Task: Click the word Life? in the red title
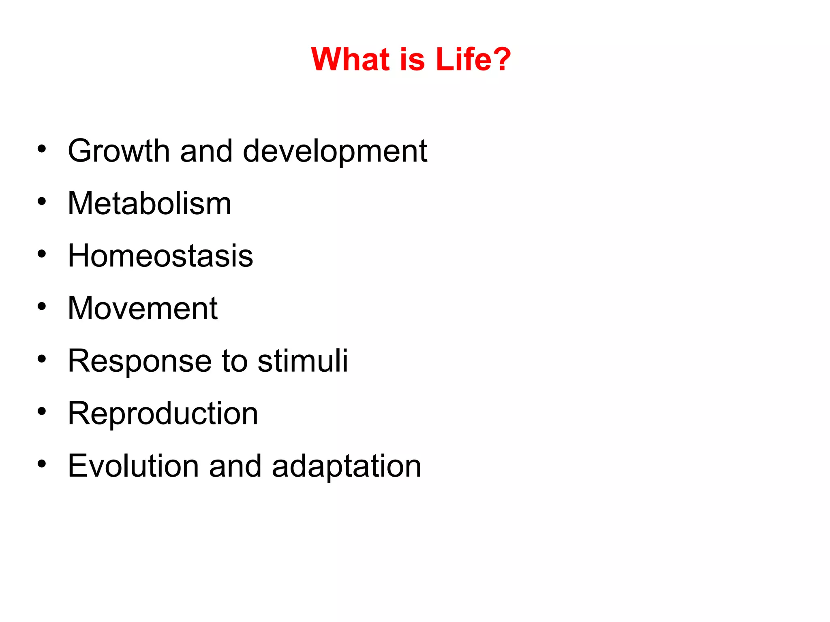click(473, 59)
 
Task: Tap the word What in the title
click(350, 59)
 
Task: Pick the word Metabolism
click(149, 203)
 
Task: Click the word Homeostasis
click(160, 256)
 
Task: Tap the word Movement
click(143, 309)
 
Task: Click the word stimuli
click(302, 360)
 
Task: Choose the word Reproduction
click(163, 414)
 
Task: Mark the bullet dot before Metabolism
click(41, 201)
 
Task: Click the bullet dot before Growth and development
click(41, 149)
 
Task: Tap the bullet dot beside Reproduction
click(41, 411)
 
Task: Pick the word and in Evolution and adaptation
click(235, 466)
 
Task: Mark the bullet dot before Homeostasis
click(41, 254)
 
